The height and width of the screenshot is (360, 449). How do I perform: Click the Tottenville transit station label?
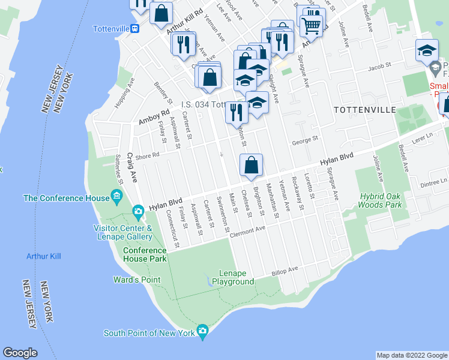pyautogui.click(x=113, y=28)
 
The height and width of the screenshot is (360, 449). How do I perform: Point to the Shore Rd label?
pyautogui.click(x=149, y=154)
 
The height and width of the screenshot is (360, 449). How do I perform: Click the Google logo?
pyautogui.click(x=20, y=353)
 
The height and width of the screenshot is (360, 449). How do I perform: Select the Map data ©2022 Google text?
pyautogui.click(x=411, y=355)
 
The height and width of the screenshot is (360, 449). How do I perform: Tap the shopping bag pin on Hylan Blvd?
pyautogui.click(x=252, y=165)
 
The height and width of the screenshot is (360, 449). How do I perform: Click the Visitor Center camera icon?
pyautogui.click(x=138, y=211)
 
